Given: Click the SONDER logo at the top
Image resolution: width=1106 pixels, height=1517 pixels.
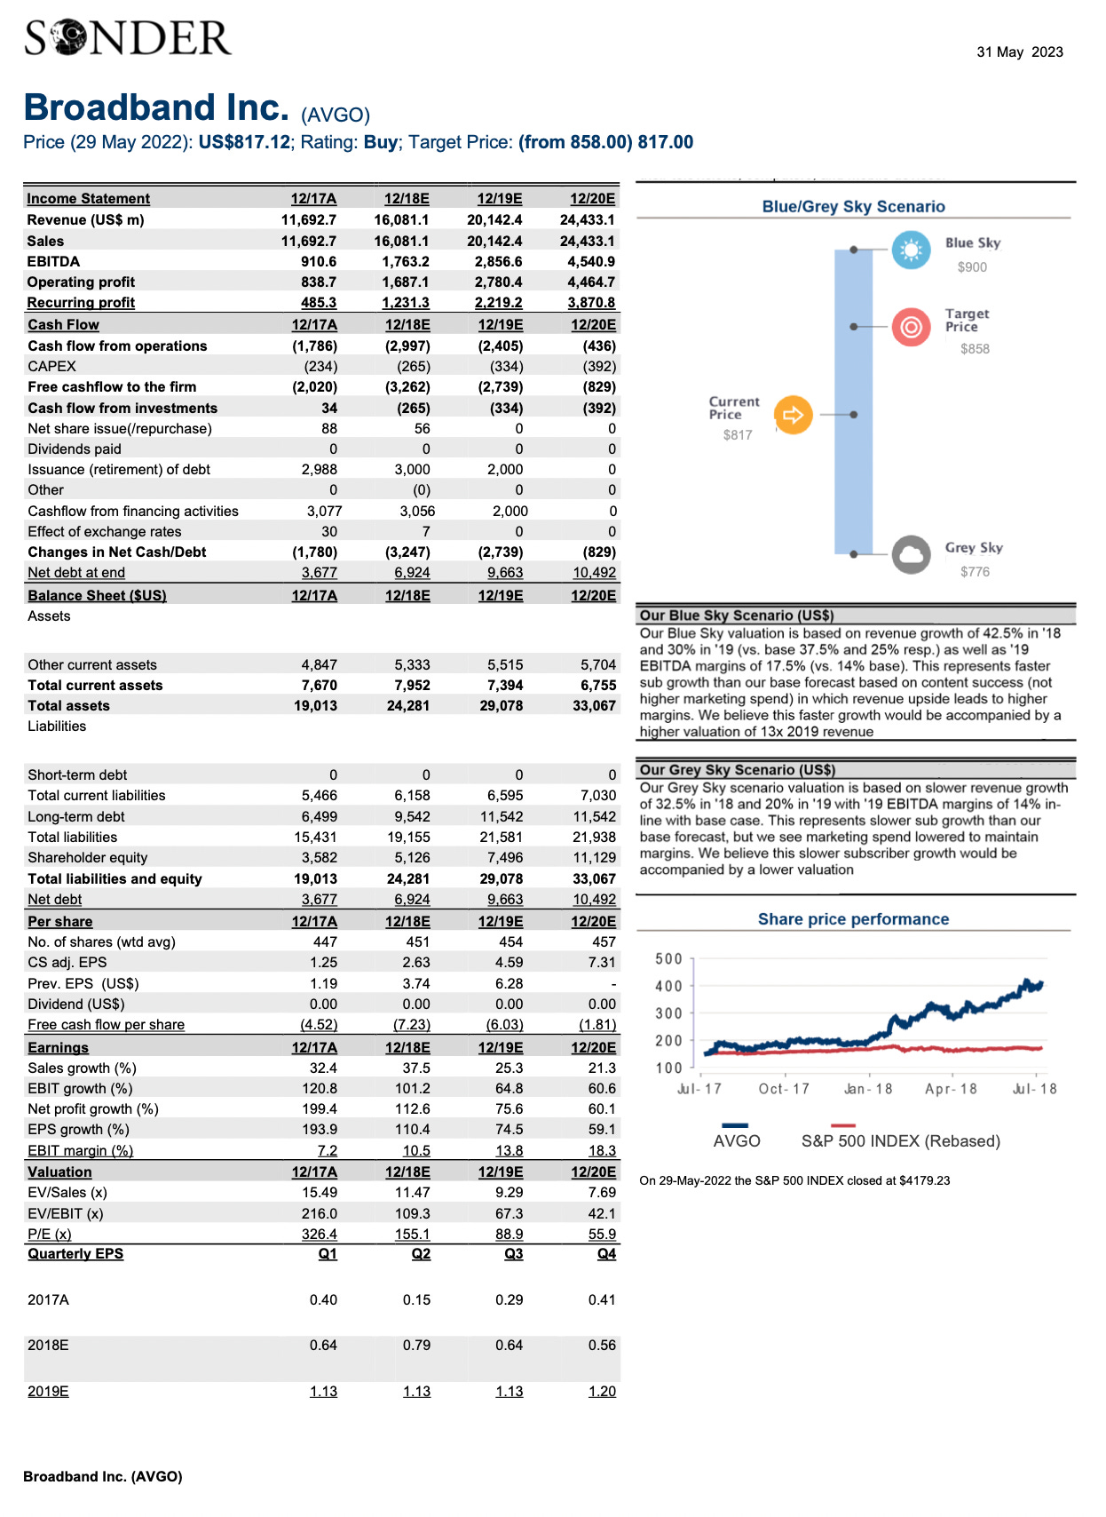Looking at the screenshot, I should point(128,38).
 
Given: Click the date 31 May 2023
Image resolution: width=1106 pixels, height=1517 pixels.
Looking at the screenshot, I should point(1019,52).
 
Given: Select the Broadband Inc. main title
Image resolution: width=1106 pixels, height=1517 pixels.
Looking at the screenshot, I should point(156,108).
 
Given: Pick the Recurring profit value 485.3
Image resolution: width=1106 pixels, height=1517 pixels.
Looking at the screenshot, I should point(319,303).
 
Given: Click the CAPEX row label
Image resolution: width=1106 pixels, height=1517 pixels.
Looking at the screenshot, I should point(51,367).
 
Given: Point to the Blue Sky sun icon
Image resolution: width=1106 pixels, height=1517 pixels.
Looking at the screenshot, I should point(911,250).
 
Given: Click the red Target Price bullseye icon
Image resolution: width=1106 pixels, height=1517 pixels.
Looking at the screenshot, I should point(911,327).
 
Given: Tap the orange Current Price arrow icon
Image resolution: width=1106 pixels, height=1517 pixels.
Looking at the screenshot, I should point(793,415).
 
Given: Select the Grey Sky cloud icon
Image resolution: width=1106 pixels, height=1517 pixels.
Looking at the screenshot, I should point(911,555).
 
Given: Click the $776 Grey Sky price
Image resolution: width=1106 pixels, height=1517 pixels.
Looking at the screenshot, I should point(975,572).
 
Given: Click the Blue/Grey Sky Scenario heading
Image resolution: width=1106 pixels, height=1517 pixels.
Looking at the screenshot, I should point(853,207).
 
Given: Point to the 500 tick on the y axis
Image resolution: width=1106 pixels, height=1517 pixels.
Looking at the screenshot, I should point(668,959).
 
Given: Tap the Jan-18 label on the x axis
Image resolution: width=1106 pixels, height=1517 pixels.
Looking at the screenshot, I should point(868,1089).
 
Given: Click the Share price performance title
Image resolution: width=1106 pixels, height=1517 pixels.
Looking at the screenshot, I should point(853,919).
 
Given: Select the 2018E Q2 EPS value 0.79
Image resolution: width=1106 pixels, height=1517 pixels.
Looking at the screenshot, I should point(416,1346).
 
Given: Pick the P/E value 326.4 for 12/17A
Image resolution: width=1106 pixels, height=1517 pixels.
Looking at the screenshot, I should point(320,1235).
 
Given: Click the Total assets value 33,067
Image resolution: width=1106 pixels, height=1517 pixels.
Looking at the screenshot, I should point(593,706).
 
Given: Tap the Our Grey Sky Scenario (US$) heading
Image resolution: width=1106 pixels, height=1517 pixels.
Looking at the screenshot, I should point(737,770).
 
